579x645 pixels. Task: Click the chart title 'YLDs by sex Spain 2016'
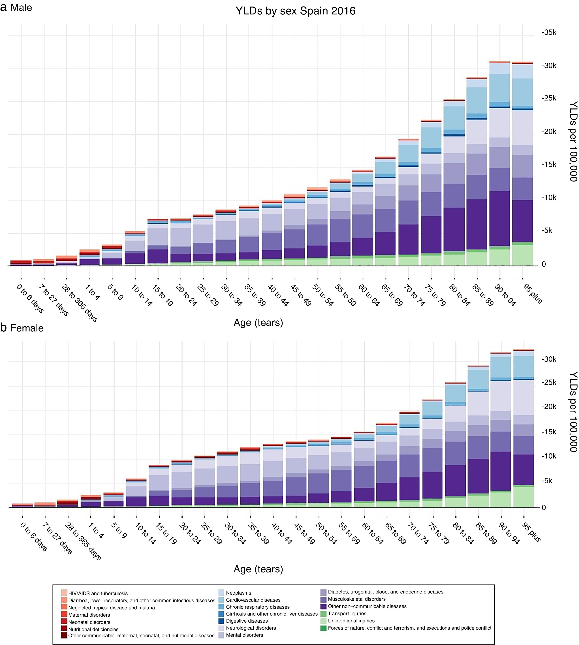tap(295, 11)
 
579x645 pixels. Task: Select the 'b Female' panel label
tap(22, 328)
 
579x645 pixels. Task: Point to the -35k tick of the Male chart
tap(549, 33)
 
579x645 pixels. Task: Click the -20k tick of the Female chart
tap(549, 406)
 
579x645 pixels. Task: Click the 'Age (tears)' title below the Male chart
tap(258, 322)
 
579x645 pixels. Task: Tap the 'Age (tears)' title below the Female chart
tap(258, 569)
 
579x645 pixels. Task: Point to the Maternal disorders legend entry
tap(89, 615)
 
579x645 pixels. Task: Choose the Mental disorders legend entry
tap(244, 635)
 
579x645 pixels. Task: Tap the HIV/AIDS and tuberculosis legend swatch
tap(64, 593)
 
